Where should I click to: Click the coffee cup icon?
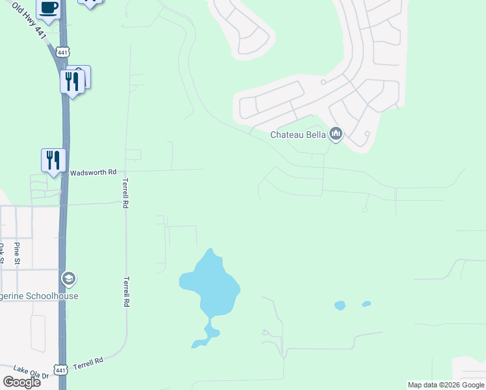tap(48, 8)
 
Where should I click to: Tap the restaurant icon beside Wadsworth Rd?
tap(53, 159)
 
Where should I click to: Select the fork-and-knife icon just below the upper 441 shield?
tap(71, 81)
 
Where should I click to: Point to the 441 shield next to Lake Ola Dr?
tap(60, 370)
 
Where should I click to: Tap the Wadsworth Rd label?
tap(92, 172)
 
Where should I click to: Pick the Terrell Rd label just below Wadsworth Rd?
tap(126, 194)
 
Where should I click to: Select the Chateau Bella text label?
tap(298, 135)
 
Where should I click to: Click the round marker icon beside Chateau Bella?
tap(336, 135)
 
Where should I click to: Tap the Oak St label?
tap(3, 253)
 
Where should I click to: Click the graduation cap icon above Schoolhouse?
tap(68, 279)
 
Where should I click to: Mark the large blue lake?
tap(209, 286)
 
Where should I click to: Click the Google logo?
tap(22, 382)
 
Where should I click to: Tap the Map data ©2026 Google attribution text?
tap(446, 385)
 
